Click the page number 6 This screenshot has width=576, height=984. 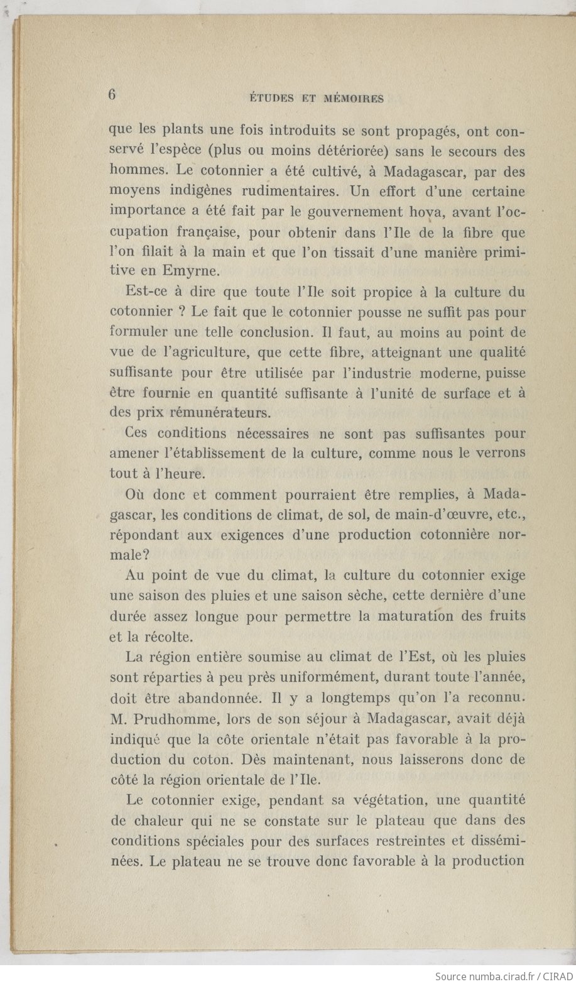pyautogui.click(x=112, y=94)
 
